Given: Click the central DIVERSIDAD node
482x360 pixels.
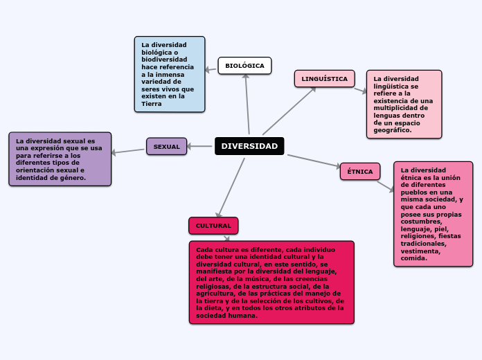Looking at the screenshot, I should tap(249, 146).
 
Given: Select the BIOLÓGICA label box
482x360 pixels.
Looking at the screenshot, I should tap(244, 66).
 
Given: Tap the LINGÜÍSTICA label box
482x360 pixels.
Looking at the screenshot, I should tap(324, 79).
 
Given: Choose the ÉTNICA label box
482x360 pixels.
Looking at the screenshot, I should tap(359, 171).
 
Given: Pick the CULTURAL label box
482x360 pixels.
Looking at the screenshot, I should tap(213, 226).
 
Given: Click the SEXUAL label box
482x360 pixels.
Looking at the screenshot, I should tap(166, 146).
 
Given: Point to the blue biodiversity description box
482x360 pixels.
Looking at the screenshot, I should tap(170, 74).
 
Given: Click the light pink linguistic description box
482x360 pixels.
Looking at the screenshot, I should tap(404, 104).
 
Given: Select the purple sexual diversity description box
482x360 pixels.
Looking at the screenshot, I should tap(60, 159).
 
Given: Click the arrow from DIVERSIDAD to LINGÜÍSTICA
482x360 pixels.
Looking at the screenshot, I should tap(289, 111).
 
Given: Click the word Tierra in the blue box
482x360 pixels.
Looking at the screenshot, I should tap(151, 104).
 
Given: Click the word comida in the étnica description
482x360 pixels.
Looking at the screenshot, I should tap(413, 258).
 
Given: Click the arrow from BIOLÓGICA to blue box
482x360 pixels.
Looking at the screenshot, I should tap(211, 69).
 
